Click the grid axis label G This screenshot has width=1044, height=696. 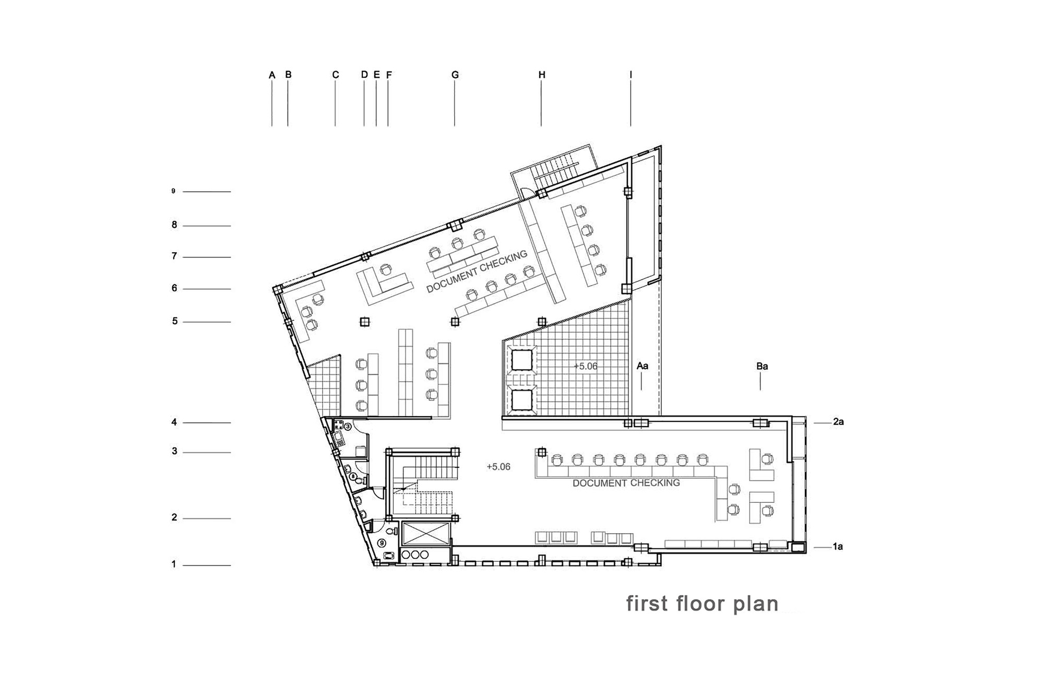455,75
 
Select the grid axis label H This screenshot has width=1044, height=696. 542,75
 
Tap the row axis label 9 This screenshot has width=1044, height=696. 173,191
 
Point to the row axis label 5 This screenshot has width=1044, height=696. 175,321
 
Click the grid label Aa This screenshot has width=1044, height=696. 643,366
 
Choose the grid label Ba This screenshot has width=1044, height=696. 762,367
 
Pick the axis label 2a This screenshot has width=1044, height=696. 838,422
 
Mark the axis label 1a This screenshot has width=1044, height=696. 838,547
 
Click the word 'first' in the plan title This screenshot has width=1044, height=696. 647,604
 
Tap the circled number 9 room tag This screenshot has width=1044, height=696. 382,543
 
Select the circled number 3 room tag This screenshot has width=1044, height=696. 348,427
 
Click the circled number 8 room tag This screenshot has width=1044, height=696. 353,476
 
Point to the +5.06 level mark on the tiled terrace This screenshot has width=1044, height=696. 586,367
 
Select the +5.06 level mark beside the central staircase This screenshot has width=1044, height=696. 499,467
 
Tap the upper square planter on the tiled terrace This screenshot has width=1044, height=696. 521,360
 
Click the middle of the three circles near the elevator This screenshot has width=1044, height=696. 416,555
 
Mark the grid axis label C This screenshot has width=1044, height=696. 336,75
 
